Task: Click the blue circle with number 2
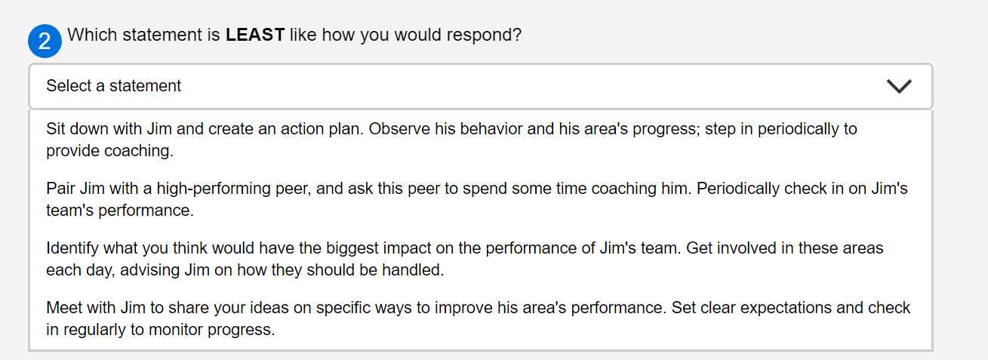45,41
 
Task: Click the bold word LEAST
254,35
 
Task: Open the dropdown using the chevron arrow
899,86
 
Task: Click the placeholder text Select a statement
113,86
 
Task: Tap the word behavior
490,128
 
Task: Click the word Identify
72,248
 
